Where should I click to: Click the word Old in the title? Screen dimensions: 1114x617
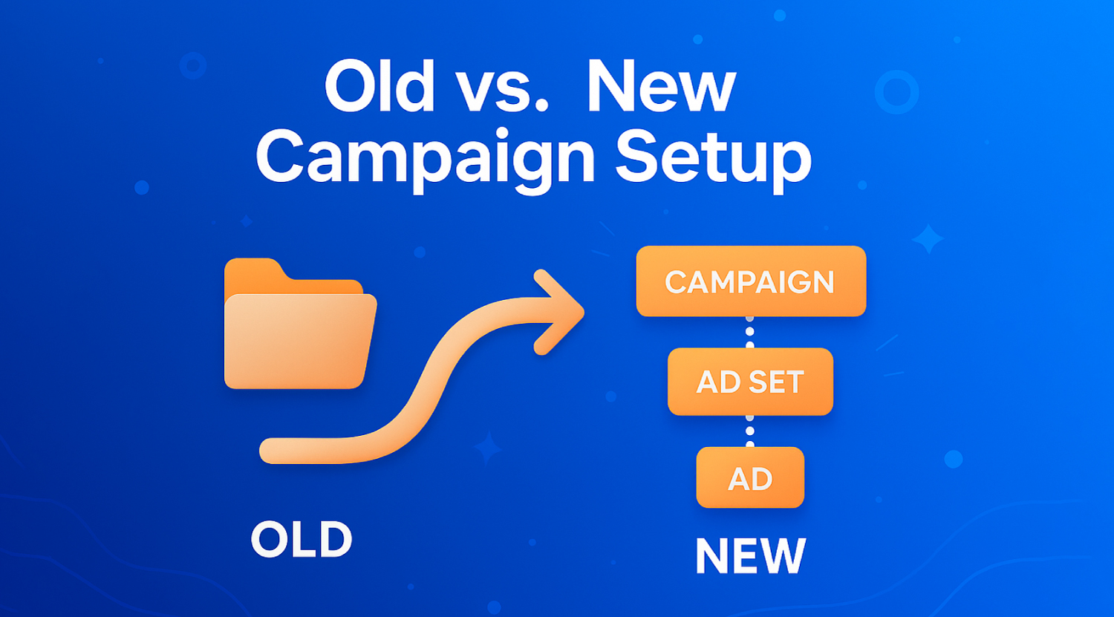click(x=380, y=85)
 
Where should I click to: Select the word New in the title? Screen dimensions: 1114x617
click(x=662, y=87)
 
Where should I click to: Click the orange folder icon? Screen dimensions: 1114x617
click(x=300, y=324)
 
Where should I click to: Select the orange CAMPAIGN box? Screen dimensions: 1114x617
click(x=751, y=281)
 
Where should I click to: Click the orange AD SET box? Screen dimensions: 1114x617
click(x=750, y=382)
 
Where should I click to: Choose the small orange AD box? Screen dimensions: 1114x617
click(x=750, y=477)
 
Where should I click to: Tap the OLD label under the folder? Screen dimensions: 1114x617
click(x=302, y=539)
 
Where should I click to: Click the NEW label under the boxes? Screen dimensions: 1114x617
click(x=750, y=556)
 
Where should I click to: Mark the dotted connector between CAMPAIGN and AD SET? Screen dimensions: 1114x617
click(x=750, y=332)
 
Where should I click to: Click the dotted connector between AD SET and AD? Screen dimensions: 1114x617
click(x=750, y=431)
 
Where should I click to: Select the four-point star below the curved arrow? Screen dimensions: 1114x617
click(x=487, y=448)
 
